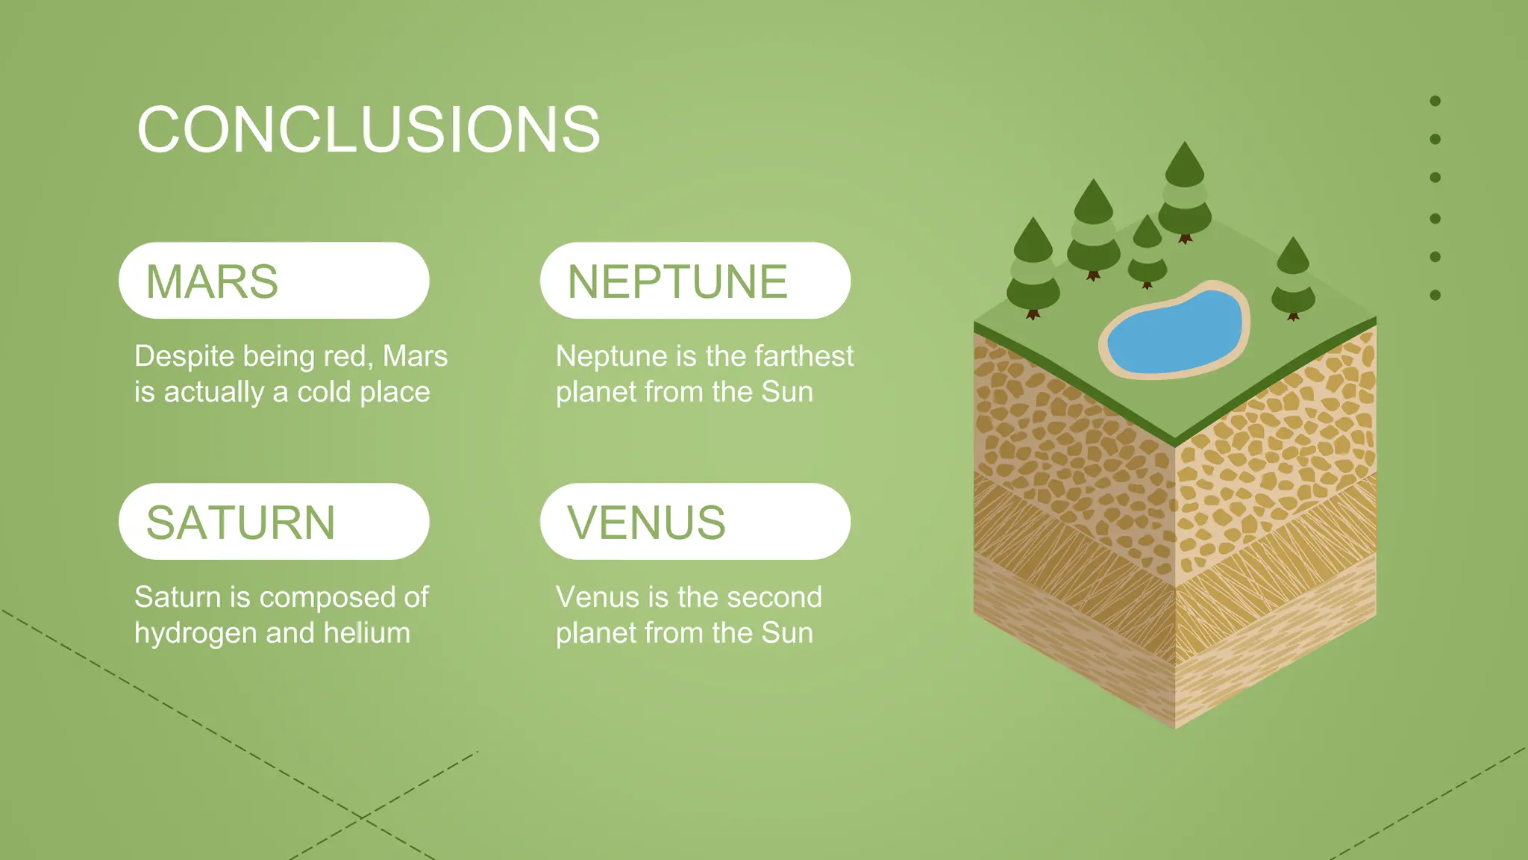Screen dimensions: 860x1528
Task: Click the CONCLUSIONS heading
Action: tap(369, 130)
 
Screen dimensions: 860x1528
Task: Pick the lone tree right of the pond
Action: tap(1293, 280)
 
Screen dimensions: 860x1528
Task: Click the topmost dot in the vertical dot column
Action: tap(1435, 101)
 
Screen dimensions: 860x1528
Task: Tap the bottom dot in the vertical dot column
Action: tap(1435, 295)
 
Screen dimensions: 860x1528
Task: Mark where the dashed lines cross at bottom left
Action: tap(361, 817)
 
